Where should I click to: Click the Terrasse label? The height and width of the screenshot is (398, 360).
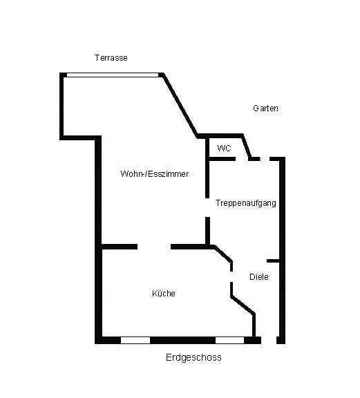coord(111,58)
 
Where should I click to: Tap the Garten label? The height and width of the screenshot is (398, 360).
coord(265,108)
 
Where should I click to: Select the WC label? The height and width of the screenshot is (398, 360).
coord(224,148)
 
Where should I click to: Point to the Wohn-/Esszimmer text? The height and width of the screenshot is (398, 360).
coord(154,174)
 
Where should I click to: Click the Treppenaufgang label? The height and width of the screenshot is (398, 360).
coord(246,203)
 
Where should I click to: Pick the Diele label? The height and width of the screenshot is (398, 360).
coord(259,276)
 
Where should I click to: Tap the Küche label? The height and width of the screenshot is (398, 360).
coord(164,294)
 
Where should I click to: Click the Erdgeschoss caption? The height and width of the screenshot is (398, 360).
coord(193,357)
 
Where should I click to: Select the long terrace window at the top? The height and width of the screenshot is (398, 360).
coord(113,75)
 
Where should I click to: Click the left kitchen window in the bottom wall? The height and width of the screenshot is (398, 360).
coord(135,340)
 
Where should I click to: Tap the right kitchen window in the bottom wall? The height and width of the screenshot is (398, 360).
coord(230,340)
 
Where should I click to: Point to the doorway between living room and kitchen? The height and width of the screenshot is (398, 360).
coord(154,247)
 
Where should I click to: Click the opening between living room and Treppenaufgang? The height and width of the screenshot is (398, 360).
coord(207,207)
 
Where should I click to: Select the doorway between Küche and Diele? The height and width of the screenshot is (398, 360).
coord(231,276)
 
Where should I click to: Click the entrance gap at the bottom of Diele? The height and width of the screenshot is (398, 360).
coord(269,340)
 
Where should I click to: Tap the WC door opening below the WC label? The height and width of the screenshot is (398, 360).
coord(242,159)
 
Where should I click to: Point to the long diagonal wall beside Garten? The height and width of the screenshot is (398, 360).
coord(180,105)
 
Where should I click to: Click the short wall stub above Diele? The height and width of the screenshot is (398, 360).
coord(273,261)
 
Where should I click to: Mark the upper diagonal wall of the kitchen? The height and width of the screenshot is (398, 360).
coord(223,254)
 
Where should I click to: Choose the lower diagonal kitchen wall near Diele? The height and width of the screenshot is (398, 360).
coord(243,305)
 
